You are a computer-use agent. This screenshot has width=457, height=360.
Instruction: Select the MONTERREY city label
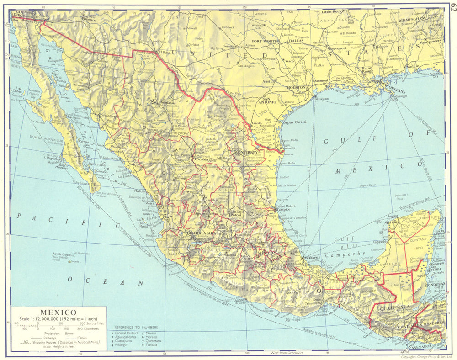[246, 152]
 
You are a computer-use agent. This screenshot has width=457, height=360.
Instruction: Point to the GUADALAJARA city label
[201, 233]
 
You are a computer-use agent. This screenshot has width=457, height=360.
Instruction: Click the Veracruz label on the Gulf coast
[312, 257]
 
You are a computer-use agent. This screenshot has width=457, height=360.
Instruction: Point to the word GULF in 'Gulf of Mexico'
[339, 141]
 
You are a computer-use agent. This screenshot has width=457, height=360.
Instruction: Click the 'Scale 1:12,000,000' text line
[59, 318]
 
